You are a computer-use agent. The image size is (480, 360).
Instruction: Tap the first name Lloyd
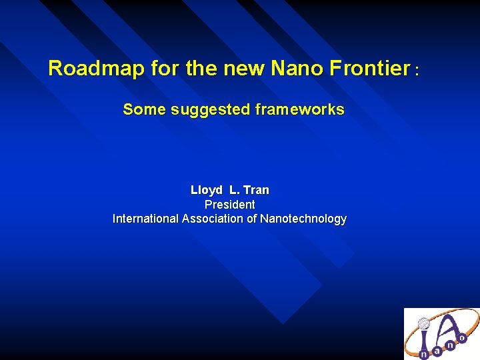(x=206, y=190)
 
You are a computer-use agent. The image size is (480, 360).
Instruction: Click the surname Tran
(x=257, y=190)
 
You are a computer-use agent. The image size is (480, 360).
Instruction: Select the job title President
(x=229, y=204)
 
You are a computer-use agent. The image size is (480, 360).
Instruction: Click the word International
(x=146, y=219)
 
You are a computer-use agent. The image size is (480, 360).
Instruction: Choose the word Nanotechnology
(x=303, y=219)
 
